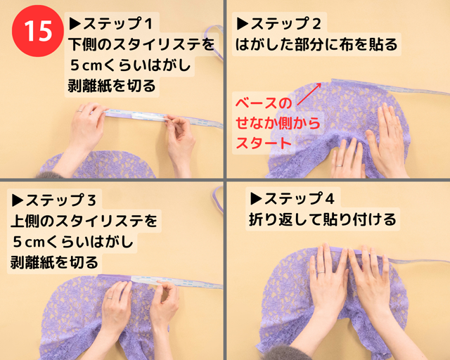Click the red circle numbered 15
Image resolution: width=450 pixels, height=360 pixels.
[37, 31]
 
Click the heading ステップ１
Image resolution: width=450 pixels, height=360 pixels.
[111, 23]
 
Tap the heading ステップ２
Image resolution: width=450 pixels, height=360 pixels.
[278, 24]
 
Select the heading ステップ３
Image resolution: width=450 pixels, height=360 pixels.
[54, 200]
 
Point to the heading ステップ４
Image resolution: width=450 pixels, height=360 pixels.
[292, 199]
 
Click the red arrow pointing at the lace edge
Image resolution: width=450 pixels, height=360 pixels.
[309, 94]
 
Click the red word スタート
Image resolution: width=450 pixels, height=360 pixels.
[264, 143]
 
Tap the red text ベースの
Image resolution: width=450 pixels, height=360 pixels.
[264, 103]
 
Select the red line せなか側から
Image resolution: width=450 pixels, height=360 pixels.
[278, 123]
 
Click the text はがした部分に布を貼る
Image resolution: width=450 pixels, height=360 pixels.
[316, 45]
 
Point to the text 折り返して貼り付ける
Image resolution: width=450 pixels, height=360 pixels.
[322, 219]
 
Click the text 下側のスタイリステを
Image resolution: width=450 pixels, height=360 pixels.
[141, 44]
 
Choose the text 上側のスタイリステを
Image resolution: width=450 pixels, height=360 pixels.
[84, 221]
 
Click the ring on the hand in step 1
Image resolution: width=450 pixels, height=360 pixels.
[79, 110]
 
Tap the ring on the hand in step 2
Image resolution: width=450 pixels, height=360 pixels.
[339, 166]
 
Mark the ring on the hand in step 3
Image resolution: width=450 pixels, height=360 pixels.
[110, 298]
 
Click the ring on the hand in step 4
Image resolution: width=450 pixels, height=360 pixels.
[321, 272]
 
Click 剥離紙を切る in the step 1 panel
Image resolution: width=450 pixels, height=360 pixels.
[112, 86]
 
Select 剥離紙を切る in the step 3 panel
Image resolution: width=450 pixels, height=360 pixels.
[54, 262]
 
